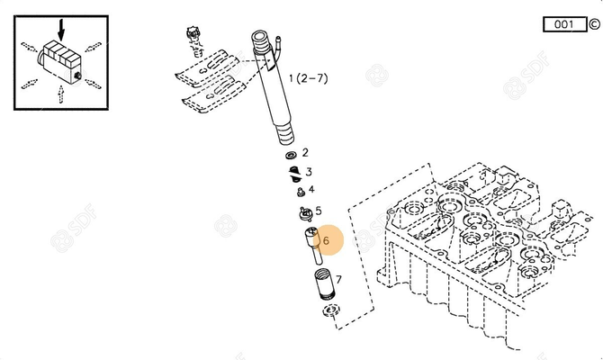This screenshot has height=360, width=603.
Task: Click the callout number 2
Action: click(x=305, y=153)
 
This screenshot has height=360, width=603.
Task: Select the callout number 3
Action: click(x=309, y=171)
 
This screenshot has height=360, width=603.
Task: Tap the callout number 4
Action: click(x=311, y=189)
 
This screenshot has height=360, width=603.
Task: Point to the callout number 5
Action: click(x=318, y=211)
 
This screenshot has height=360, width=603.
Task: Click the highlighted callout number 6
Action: click(x=326, y=240)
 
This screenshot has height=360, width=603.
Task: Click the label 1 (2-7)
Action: click(x=308, y=80)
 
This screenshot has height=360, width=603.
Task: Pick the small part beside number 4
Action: click(x=298, y=190)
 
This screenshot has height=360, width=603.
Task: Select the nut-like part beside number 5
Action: click(x=303, y=213)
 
